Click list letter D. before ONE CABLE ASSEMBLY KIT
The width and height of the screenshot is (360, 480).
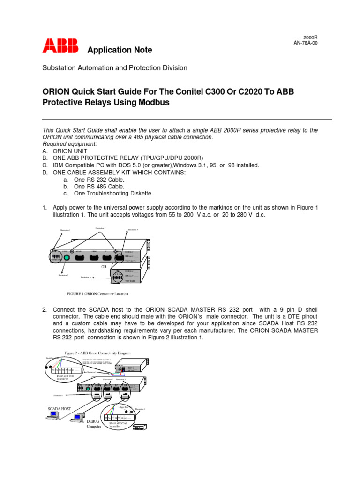tap(45, 172)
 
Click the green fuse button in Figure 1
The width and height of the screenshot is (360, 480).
tap(67, 257)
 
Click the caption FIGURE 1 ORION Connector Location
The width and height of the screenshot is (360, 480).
tap(98, 294)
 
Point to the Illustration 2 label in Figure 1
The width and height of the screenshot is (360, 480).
tap(64, 275)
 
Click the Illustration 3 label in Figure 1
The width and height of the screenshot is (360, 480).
tap(133, 230)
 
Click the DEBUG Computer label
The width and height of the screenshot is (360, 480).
tap(94, 424)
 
